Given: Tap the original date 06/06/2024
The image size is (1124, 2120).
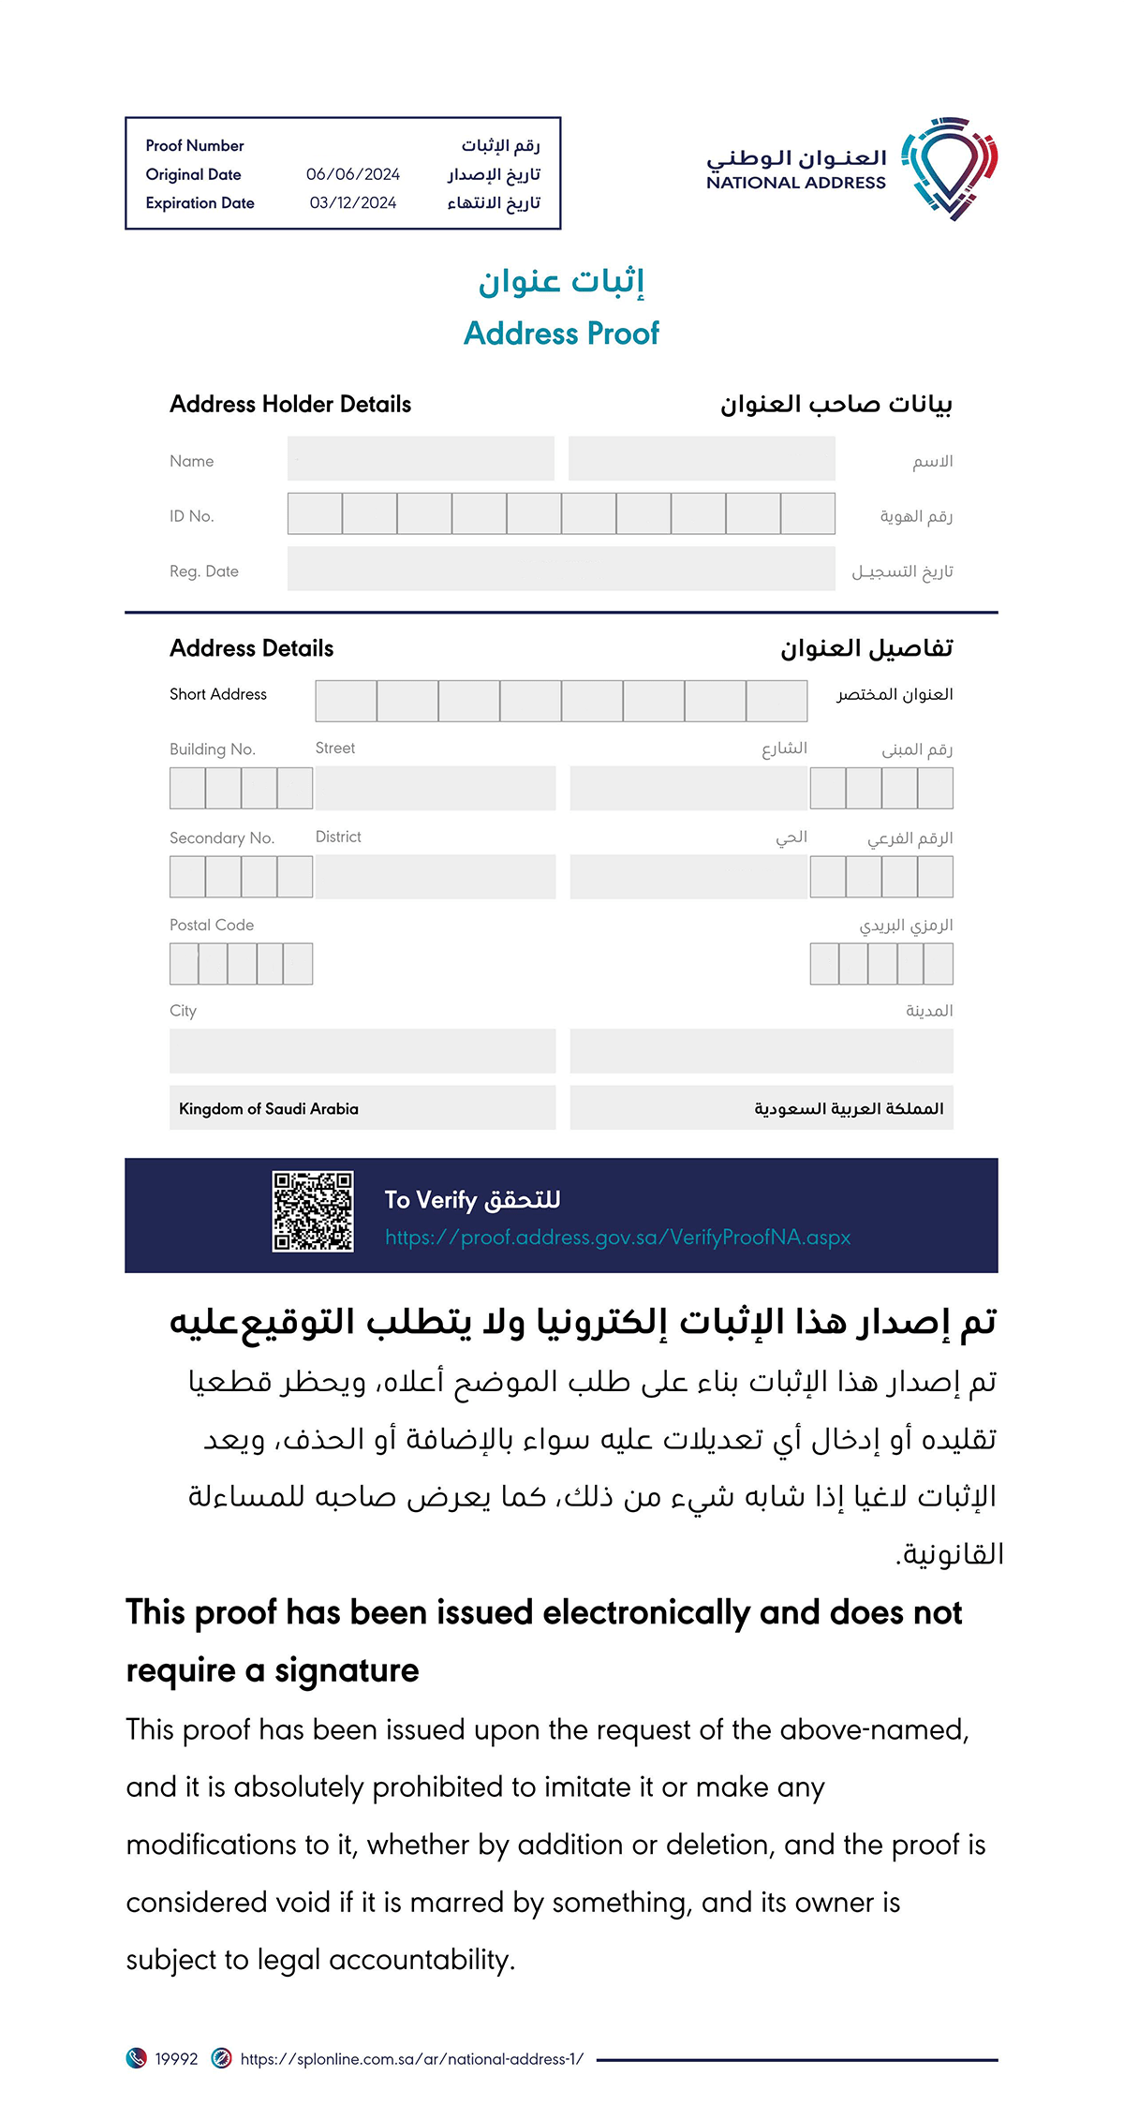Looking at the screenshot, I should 353,174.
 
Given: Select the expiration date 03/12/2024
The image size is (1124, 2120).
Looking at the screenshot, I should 353,203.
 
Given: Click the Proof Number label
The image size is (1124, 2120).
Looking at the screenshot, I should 195,146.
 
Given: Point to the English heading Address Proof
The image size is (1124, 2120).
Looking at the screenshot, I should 561,334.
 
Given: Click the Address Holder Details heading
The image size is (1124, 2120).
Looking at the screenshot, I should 290,405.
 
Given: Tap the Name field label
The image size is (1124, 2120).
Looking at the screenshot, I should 192,461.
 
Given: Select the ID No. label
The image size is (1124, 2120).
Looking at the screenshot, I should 192,516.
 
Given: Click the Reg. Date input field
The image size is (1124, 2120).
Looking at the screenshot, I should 560,570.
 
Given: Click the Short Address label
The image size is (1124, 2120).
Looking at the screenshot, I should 218,694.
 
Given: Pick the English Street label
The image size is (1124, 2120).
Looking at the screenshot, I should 335,749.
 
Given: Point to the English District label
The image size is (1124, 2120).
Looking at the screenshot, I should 338,837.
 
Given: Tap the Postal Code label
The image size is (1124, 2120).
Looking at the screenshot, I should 212,926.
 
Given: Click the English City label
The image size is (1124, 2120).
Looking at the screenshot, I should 184,1011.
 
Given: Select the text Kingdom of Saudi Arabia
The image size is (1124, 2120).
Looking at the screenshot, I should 269,1109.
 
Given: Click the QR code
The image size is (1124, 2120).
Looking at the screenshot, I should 313,1211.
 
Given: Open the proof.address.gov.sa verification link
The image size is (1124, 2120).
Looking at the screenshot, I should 618,1238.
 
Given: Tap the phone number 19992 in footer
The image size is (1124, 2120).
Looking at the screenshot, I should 176,2059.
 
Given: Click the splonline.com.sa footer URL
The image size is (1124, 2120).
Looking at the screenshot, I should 412,2059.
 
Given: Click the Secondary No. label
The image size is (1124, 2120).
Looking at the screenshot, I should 222,838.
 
